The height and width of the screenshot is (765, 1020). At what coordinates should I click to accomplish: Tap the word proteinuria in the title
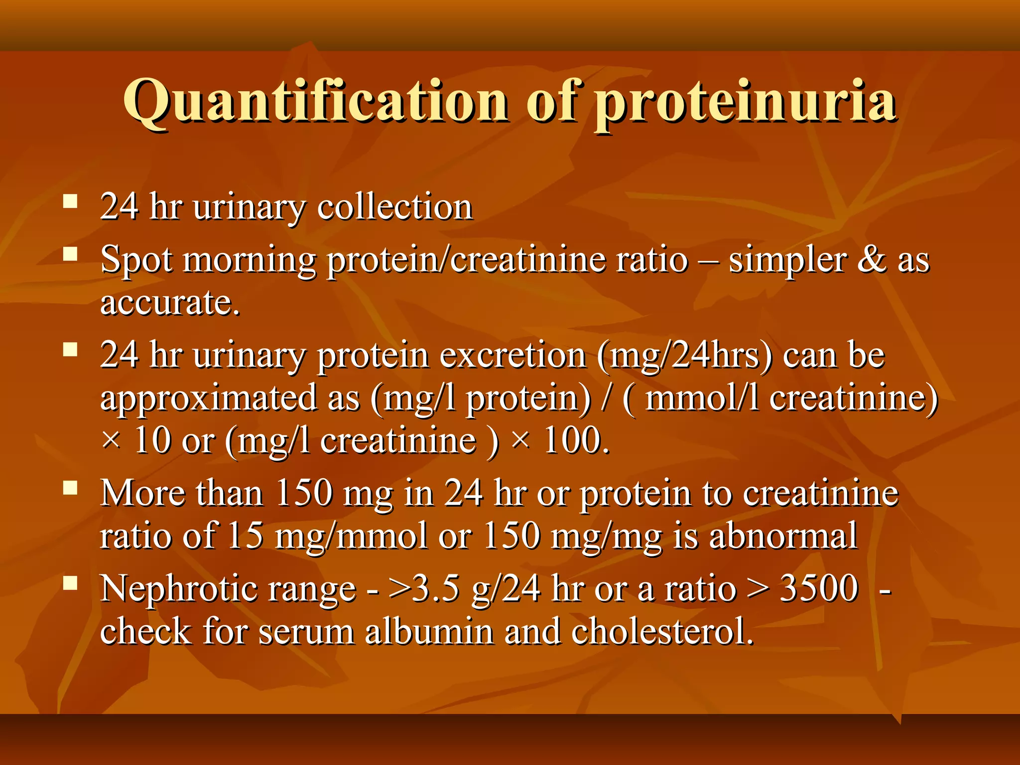point(745,102)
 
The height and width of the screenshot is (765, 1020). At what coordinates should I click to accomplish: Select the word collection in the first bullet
point(394,206)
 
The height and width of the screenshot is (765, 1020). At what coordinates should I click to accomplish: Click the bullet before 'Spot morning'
point(71,255)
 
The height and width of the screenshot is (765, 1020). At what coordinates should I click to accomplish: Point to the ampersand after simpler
point(871,259)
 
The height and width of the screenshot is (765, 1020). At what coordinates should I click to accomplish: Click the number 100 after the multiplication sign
point(575,441)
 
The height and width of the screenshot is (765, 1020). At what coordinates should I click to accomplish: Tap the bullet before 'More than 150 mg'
point(71,488)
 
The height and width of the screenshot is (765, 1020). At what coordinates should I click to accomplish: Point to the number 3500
point(819,588)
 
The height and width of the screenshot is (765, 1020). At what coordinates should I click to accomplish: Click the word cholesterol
point(662,632)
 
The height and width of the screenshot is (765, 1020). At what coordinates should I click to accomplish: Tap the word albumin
point(429,632)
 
